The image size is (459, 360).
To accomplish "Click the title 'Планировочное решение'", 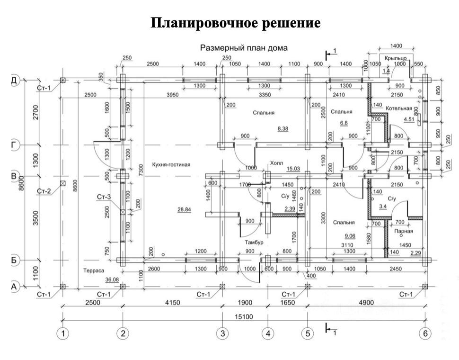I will point(236,23).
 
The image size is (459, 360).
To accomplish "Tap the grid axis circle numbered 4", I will point(267,334).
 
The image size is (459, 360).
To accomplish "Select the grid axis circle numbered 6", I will point(425,334).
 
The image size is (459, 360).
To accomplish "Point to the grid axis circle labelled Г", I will point(14,144).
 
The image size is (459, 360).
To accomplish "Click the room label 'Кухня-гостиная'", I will point(171,165).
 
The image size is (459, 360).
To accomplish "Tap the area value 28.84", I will point(184,210).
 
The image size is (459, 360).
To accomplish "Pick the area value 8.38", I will point(283,128).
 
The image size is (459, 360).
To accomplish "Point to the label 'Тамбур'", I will point(254,243).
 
